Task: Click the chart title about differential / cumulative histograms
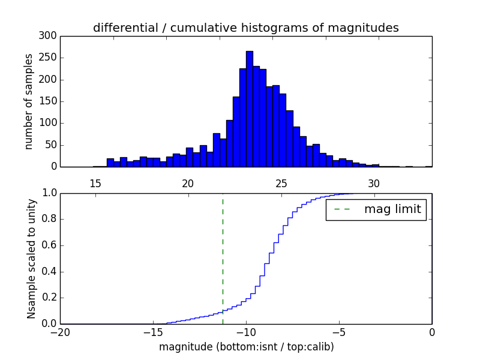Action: pos(246,28)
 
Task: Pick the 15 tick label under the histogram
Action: pos(95,184)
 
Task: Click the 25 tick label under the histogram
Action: pos(281,184)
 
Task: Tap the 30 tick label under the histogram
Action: pos(374,184)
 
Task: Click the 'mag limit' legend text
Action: pos(392,210)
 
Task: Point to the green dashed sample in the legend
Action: pos(341,210)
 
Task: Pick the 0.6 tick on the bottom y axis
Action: pos(48,245)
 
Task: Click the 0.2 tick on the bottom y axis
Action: pos(48,298)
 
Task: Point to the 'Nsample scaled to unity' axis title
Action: pos(31,258)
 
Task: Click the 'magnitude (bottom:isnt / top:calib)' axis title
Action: pos(246,347)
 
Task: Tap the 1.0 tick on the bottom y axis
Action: pos(48,193)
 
